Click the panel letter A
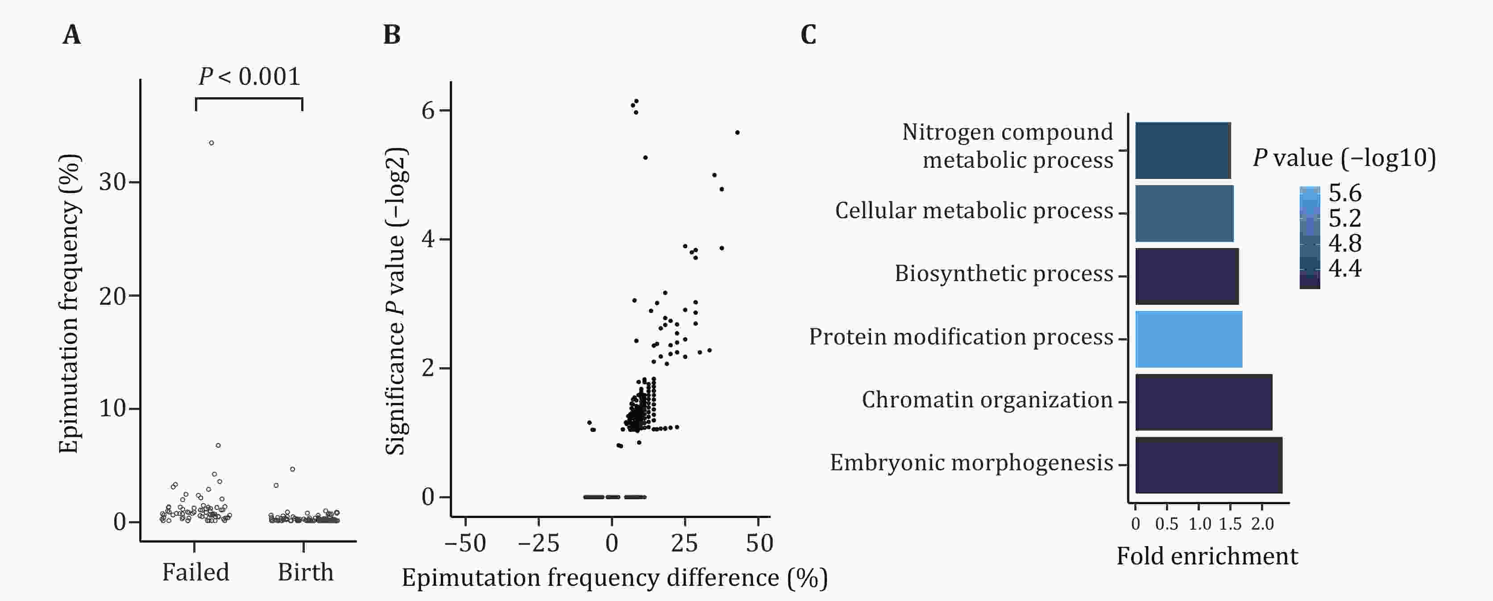click(72, 35)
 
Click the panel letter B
click(392, 35)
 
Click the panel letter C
click(809, 35)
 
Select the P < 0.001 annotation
click(249, 76)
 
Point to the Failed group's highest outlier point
click(212, 143)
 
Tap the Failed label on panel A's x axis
click(195, 572)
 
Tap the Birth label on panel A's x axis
click(306, 572)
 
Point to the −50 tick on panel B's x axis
click(465, 543)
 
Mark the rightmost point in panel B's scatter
click(737, 133)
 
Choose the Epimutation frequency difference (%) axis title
click(614, 578)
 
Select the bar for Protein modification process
click(1188, 339)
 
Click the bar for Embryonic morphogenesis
click(1208, 465)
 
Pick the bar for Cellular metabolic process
click(1184, 213)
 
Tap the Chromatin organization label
click(987, 400)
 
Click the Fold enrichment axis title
click(1207, 556)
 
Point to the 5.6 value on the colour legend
click(1344, 193)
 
